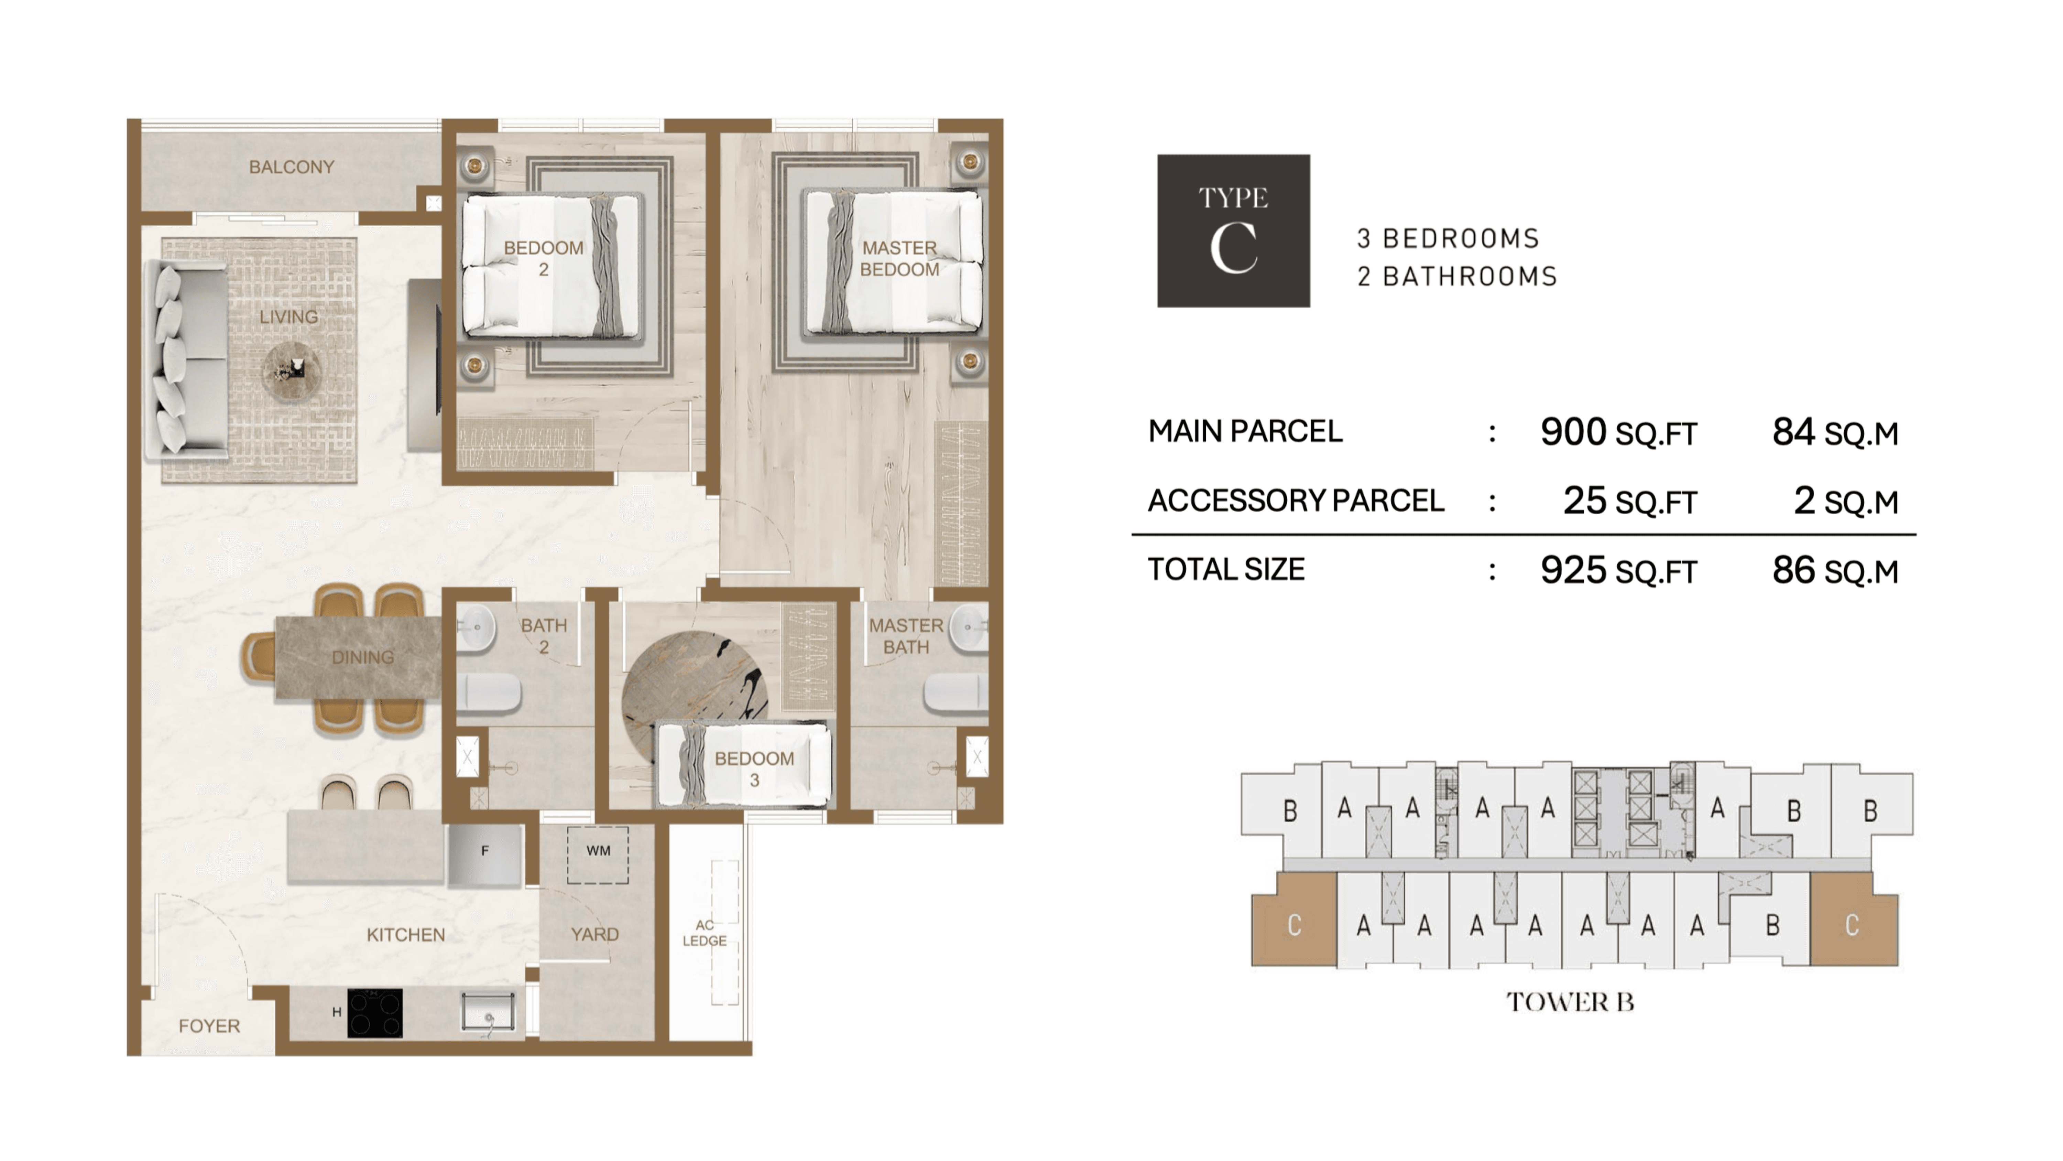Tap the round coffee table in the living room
pos(292,372)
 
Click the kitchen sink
pos(488,1012)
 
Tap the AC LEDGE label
pos(705,934)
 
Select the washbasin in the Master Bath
pos(968,628)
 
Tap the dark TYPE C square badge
pos(1233,231)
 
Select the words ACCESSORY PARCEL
pos(1296,501)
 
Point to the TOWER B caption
pos(1570,1001)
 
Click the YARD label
pos(594,934)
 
